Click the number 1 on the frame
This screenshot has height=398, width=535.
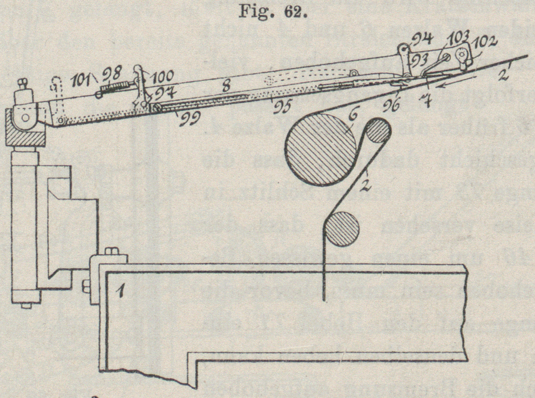(121, 291)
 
